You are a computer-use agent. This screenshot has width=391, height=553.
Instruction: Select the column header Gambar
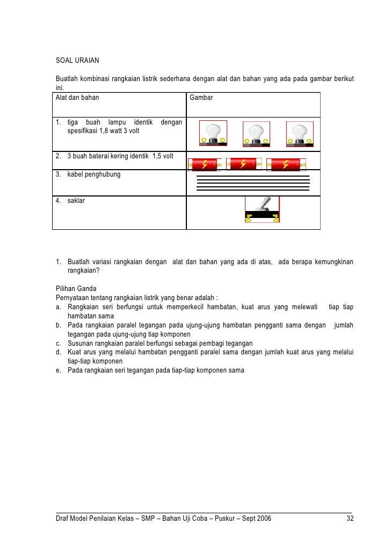point(201,98)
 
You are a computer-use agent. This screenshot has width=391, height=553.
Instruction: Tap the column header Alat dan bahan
point(77,98)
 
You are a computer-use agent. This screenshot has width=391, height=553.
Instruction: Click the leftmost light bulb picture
point(213,133)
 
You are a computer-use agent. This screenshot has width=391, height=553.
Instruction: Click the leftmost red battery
point(205,164)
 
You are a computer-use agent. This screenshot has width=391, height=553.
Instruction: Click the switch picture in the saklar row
point(262,209)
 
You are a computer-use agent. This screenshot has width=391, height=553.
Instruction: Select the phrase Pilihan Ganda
point(76,289)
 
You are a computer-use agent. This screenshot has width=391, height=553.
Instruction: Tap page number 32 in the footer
point(350,518)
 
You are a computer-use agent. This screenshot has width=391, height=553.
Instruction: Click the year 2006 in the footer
point(263,518)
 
